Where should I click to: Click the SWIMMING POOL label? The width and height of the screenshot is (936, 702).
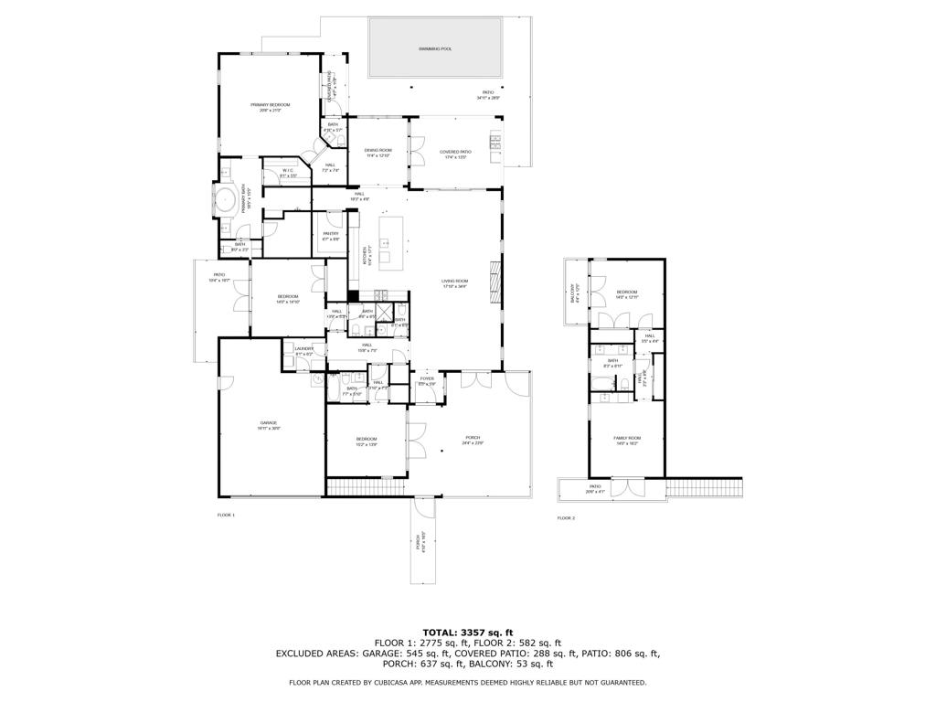435,48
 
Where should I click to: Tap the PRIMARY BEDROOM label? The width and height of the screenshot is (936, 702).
270,105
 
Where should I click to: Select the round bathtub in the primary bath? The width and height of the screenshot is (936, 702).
225,200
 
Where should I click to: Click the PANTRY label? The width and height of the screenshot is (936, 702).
331,234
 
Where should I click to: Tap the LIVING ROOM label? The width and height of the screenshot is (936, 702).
455,282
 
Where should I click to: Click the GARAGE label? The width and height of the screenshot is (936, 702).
269,423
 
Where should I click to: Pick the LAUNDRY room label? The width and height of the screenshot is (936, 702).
303,349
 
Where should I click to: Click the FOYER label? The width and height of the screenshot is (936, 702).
427,378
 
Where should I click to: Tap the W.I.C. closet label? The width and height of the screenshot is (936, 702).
288,171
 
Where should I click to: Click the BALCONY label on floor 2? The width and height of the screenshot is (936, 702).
572,293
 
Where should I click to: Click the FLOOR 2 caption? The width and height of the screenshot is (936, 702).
566,518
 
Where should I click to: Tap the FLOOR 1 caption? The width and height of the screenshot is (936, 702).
226,516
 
